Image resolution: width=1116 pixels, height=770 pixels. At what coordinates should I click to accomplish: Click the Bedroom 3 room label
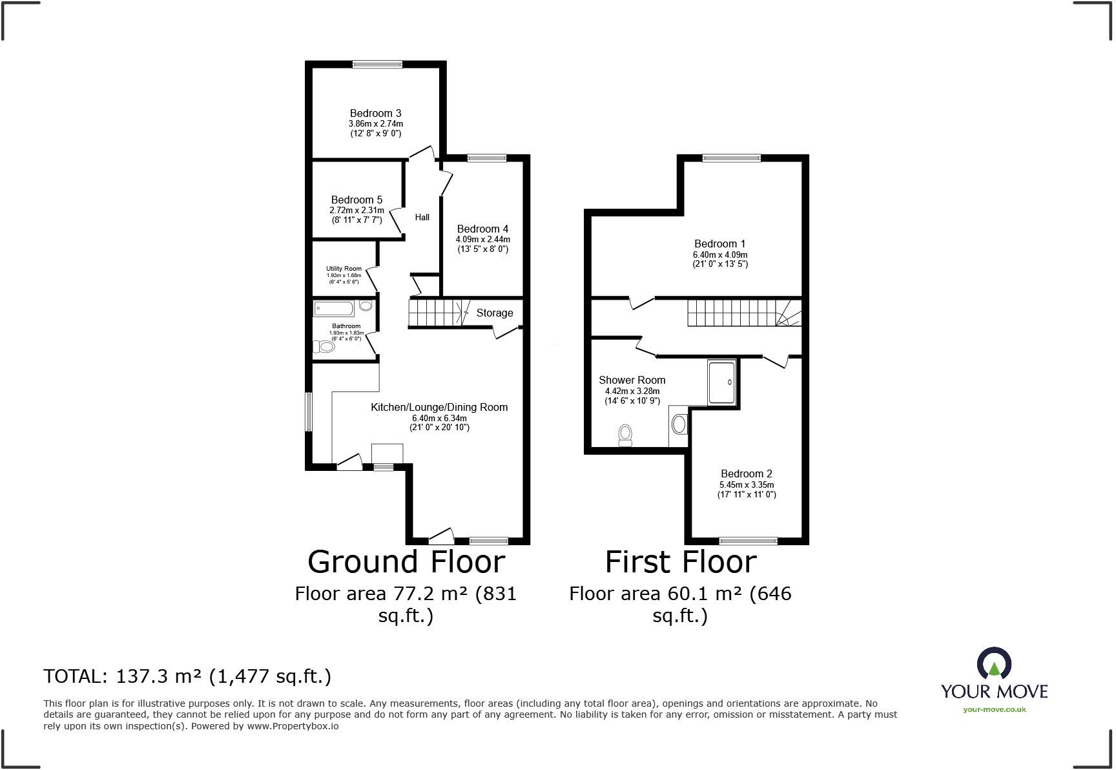[375, 113]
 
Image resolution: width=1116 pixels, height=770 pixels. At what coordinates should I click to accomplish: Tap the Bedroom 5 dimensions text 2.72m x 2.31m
[356, 211]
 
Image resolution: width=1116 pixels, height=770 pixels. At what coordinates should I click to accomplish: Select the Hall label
[422, 217]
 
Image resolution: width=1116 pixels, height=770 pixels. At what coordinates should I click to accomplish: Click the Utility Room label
[344, 269]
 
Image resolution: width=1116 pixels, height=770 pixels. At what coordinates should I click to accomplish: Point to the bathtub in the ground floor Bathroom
[334, 308]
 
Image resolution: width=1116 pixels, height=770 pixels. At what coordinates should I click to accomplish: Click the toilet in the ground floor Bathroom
[325, 347]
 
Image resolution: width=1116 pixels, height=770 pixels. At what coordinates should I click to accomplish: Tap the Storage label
[495, 313]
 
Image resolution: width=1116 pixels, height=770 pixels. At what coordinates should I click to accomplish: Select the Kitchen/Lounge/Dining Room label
[439, 407]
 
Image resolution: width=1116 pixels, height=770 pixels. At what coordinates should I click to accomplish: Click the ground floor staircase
[436, 313]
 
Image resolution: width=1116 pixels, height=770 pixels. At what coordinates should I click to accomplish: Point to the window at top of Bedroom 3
[377, 64]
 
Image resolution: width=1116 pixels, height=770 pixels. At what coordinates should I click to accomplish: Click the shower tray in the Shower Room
[721, 382]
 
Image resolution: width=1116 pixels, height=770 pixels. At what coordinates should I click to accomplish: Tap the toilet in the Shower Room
[625, 435]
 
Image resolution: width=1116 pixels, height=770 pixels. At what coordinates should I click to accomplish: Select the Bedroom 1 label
[719, 244]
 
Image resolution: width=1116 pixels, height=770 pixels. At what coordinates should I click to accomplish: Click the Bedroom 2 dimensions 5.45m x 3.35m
[747, 484]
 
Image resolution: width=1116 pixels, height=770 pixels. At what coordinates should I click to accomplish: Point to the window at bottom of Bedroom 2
[749, 541]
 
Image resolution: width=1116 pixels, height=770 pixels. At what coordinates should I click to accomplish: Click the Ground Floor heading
[406, 561]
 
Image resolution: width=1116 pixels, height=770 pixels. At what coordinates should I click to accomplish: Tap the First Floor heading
[680, 561]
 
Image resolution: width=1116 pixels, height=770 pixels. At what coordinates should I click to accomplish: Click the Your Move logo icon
[993, 664]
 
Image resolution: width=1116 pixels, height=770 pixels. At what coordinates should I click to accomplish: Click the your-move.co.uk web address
[994, 709]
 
